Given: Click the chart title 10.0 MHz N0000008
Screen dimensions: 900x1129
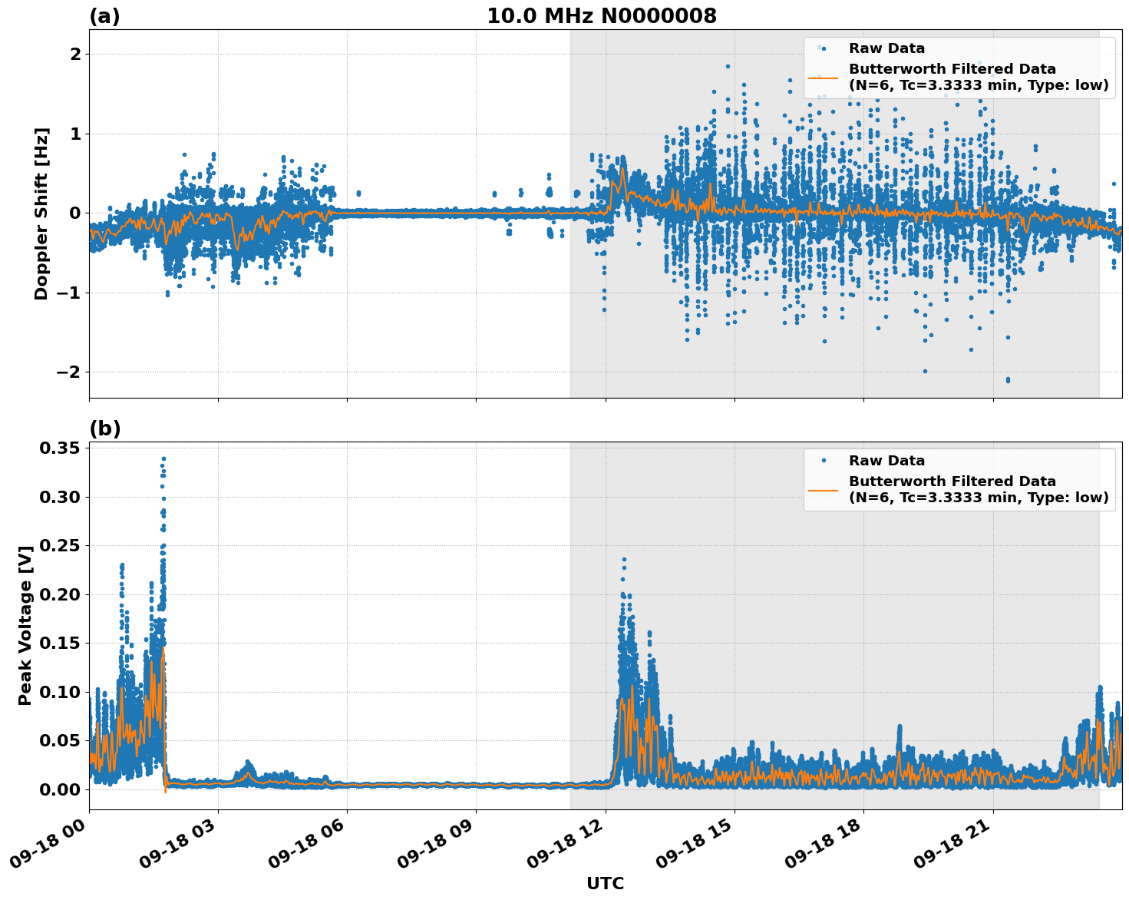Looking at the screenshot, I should pos(601,16).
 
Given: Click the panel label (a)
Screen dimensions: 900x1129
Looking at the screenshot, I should pos(104,16).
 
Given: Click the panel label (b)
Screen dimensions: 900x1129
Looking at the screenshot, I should pos(104,428).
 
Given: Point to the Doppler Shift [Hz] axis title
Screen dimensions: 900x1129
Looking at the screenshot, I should pos(41,213).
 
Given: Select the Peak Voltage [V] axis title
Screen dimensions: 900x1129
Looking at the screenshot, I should pos(25,625).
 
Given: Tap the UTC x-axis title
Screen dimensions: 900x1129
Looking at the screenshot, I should pos(605,883).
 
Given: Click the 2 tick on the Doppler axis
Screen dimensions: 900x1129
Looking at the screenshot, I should pos(75,54).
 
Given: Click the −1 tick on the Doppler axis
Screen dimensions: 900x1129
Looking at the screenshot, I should pos(69,293).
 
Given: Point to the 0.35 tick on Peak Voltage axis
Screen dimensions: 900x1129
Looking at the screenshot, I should pos(60,448).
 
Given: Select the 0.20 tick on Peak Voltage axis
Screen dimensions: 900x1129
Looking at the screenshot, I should pos(60,594).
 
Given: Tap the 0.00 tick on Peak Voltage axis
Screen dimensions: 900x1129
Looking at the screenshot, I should pos(60,789).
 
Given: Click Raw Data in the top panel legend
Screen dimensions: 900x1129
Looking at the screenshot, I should pos(886,48).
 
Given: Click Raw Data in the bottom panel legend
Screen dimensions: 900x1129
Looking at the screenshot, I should pos(886,461).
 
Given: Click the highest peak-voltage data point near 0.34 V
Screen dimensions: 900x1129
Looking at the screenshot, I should pos(163,459).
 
